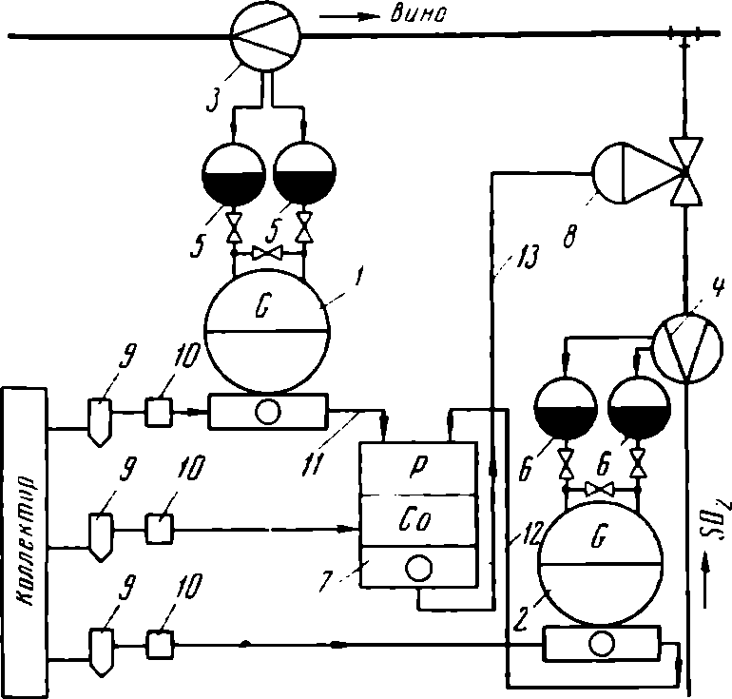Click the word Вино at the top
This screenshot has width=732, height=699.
(x=418, y=14)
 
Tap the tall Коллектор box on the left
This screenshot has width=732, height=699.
(x=25, y=542)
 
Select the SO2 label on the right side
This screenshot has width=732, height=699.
(x=717, y=522)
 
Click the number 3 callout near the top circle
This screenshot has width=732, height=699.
(x=213, y=102)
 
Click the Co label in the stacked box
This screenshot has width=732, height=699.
(x=414, y=519)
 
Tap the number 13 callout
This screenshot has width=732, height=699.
(x=527, y=257)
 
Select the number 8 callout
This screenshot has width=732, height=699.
(x=570, y=236)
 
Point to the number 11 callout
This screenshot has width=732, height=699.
(x=313, y=464)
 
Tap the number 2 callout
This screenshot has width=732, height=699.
(x=520, y=621)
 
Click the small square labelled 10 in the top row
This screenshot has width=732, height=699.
(x=159, y=412)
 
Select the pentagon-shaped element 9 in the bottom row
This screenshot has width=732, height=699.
(x=102, y=651)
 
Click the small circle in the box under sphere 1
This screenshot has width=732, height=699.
(x=268, y=412)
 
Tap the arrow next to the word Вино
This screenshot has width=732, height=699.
(x=350, y=17)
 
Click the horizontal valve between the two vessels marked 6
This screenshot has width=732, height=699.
(x=600, y=490)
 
